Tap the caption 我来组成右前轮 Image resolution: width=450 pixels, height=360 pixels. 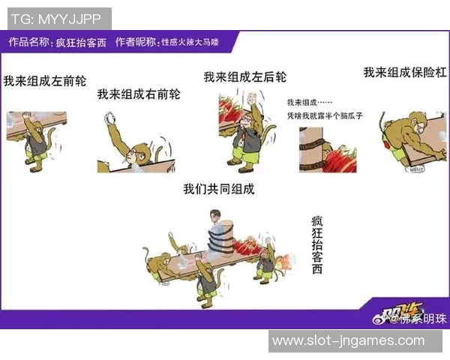139,94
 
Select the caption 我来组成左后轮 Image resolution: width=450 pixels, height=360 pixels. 244,77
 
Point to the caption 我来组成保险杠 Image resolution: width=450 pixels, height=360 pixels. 405,73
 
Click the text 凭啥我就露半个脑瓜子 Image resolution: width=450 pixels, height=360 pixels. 325,116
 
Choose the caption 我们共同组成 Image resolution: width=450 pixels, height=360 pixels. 219,189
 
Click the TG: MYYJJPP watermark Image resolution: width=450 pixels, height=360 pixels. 57,17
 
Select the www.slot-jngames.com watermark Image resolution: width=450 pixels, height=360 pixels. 348,340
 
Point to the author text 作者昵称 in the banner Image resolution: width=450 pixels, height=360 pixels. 136,43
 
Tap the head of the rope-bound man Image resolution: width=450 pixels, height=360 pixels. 216,219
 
